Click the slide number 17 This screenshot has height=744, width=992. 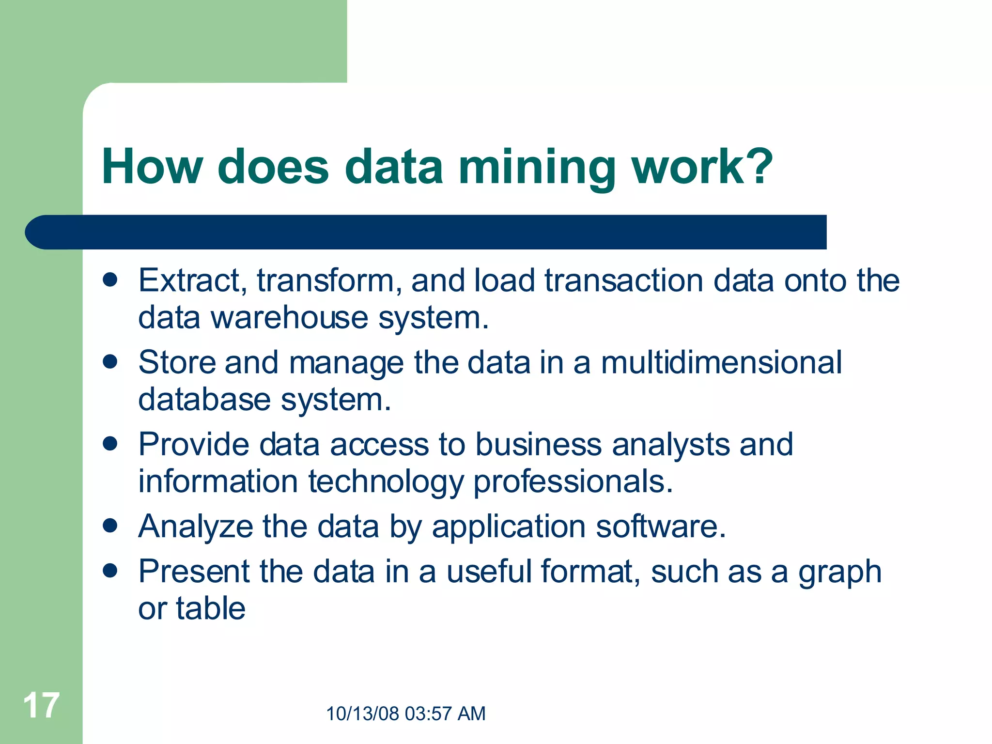[x=41, y=706]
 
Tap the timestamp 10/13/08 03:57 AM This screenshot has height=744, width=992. [x=405, y=713]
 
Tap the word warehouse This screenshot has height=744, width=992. [x=289, y=318]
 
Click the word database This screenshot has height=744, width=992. [x=204, y=400]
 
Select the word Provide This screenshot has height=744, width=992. [x=193, y=444]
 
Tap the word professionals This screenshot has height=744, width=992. [x=573, y=482]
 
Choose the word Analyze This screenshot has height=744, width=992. [x=196, y=527]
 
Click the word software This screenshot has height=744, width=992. [x=661, y=526]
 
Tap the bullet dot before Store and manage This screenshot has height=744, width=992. [x=110, y=362]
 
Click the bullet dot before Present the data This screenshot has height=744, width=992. [x=110, y=571]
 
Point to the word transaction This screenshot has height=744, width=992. [x=624, y=280]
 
